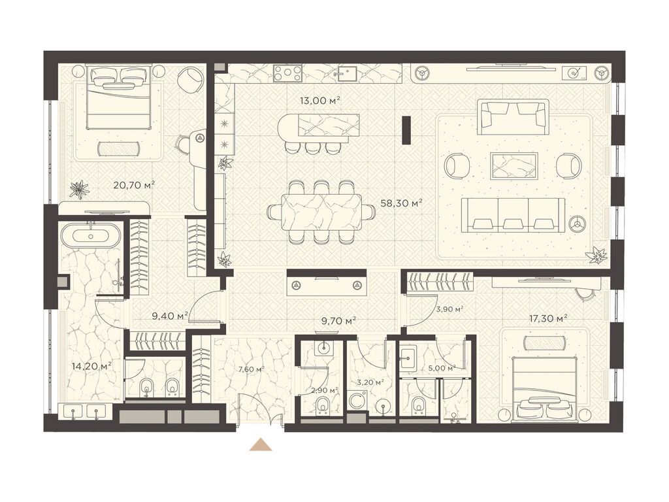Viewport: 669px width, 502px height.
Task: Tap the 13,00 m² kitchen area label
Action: pyautogui.click(x=319, y=101)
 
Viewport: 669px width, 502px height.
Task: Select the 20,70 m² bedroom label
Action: pyautogui.click(x=133, y=185)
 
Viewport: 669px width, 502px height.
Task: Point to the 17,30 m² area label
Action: pyautogui.click(x=546, y=318)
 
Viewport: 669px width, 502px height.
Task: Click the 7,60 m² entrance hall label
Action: pyautogui.click(x=250, y=369)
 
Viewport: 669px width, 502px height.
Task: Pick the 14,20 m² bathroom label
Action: pyautogui.click(x=91, y=366)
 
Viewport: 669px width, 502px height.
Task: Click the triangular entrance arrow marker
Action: pyautogui.click(x=261, y=444)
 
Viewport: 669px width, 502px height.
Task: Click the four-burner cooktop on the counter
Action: pyautogui.click(x=287, y=72)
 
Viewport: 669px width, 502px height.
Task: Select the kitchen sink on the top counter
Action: pyautogui.click(x=345, y=74)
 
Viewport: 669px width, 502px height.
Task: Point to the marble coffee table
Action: pyautogui.click(x=514, y=164)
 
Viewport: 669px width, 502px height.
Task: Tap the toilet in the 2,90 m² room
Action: pyautogui.click(x=323, y=405)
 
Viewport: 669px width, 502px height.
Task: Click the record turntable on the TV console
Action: pyautogui.click(x=574, y=73)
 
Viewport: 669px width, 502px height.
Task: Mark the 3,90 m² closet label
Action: pyautogui.click(x=449, y=309)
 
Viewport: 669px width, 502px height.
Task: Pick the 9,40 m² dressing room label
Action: pyautogui.click(x=171, y=316)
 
